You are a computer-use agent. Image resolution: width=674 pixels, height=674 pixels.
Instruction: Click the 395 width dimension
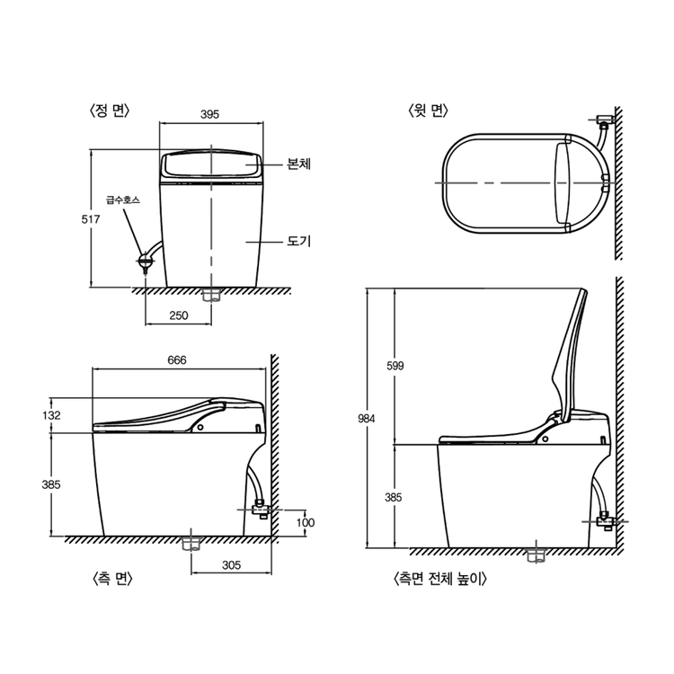coord(209,114)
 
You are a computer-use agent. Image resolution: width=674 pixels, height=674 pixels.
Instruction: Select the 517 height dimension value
coord(90,219)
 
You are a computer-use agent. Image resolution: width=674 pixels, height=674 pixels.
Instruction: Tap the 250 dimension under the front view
coord(179,315)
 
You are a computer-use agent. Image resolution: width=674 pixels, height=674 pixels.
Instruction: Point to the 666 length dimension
coord(177,359)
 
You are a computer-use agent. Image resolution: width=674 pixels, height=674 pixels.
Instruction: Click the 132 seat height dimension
coord(51,415)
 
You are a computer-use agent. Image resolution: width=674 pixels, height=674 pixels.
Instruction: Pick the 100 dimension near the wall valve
coord(306,523)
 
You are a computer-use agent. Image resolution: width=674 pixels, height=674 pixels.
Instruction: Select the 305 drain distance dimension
coord(231,565)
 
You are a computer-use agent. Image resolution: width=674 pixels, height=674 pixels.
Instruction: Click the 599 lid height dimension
coord(395,366)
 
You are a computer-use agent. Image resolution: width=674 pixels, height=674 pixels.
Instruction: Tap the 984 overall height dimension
coord(367,419)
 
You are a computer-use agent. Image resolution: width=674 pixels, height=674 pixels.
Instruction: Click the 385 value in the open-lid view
coord(393,497)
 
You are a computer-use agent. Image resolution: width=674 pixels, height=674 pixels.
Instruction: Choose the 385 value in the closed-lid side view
coord(51,484)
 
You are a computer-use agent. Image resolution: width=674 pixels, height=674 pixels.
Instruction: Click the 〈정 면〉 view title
coord(109,111)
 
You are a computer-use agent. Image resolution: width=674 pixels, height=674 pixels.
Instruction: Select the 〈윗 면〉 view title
coord(428,111)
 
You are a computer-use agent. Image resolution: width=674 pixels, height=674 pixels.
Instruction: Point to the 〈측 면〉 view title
coord(112,579)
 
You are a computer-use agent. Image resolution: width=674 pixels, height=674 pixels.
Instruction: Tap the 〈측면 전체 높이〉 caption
coord(440,579)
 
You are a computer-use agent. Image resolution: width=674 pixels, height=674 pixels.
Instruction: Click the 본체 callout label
coord(298,164)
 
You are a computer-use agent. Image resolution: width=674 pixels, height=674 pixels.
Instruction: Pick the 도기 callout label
coord(298,241)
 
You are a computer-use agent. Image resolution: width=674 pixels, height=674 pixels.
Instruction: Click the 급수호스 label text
coord(123,200)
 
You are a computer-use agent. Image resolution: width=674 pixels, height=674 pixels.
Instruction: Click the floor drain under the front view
coord(211,296)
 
